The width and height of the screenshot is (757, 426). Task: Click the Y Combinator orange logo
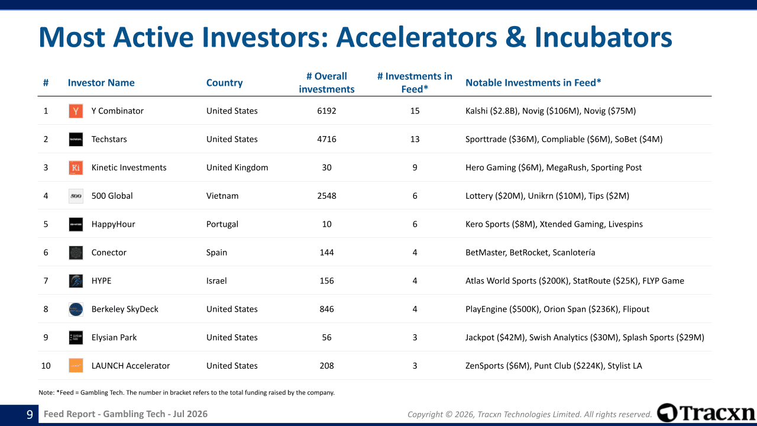click(76, 111)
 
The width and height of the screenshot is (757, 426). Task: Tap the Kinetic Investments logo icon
click(76, 167)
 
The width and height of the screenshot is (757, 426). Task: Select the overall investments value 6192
click(326, 111)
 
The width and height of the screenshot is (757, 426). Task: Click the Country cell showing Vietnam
click(222, 196)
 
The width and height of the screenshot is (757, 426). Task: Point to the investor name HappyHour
click(113, 224)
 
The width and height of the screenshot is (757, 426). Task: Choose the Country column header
click(224, 83)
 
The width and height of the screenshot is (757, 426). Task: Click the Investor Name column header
click(101, 83)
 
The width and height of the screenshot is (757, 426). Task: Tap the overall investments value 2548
click(326, 196)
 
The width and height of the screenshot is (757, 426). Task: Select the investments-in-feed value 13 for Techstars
click(415, 139)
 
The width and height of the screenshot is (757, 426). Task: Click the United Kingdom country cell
click(237, 167)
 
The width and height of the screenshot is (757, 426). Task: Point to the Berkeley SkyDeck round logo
click(76, 309)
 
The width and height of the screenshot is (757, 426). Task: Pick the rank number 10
click(46, 366)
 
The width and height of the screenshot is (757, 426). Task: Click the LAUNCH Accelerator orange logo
click(76, 366)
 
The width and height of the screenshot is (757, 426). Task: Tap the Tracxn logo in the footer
click(706, 413)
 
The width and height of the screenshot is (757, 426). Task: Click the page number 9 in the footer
click(30, 414)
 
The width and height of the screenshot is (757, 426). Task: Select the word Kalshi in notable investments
click(477, 111)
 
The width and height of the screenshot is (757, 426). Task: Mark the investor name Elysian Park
click(114, 337)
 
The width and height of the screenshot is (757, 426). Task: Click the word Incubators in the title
click(603, 37)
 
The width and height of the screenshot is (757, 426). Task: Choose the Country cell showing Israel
click(216, 280)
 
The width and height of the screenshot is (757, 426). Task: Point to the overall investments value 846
click(326, 309)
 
